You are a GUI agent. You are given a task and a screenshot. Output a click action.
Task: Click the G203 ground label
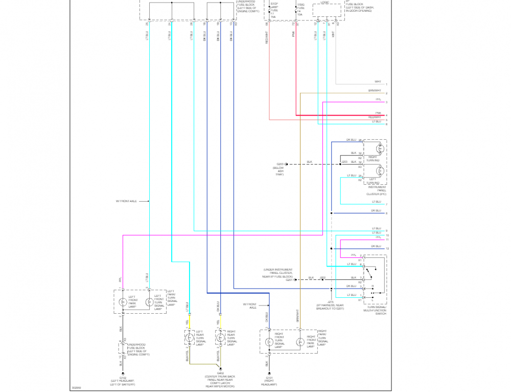click(x=280, y=164)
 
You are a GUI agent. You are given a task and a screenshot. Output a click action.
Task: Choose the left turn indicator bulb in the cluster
click(x=379, y=170)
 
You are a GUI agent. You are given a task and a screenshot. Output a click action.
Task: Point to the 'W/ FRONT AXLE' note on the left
click(x=126, y=201)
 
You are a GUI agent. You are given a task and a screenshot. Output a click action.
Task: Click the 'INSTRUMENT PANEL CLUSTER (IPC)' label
click(x=377, y=191)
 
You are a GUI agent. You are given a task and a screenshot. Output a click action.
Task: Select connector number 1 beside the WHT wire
click(x=387, y=84)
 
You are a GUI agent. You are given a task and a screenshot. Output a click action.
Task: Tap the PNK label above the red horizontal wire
click(x=378, y=113)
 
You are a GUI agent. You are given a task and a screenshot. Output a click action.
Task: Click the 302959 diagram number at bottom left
click(x=77, y=387)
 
